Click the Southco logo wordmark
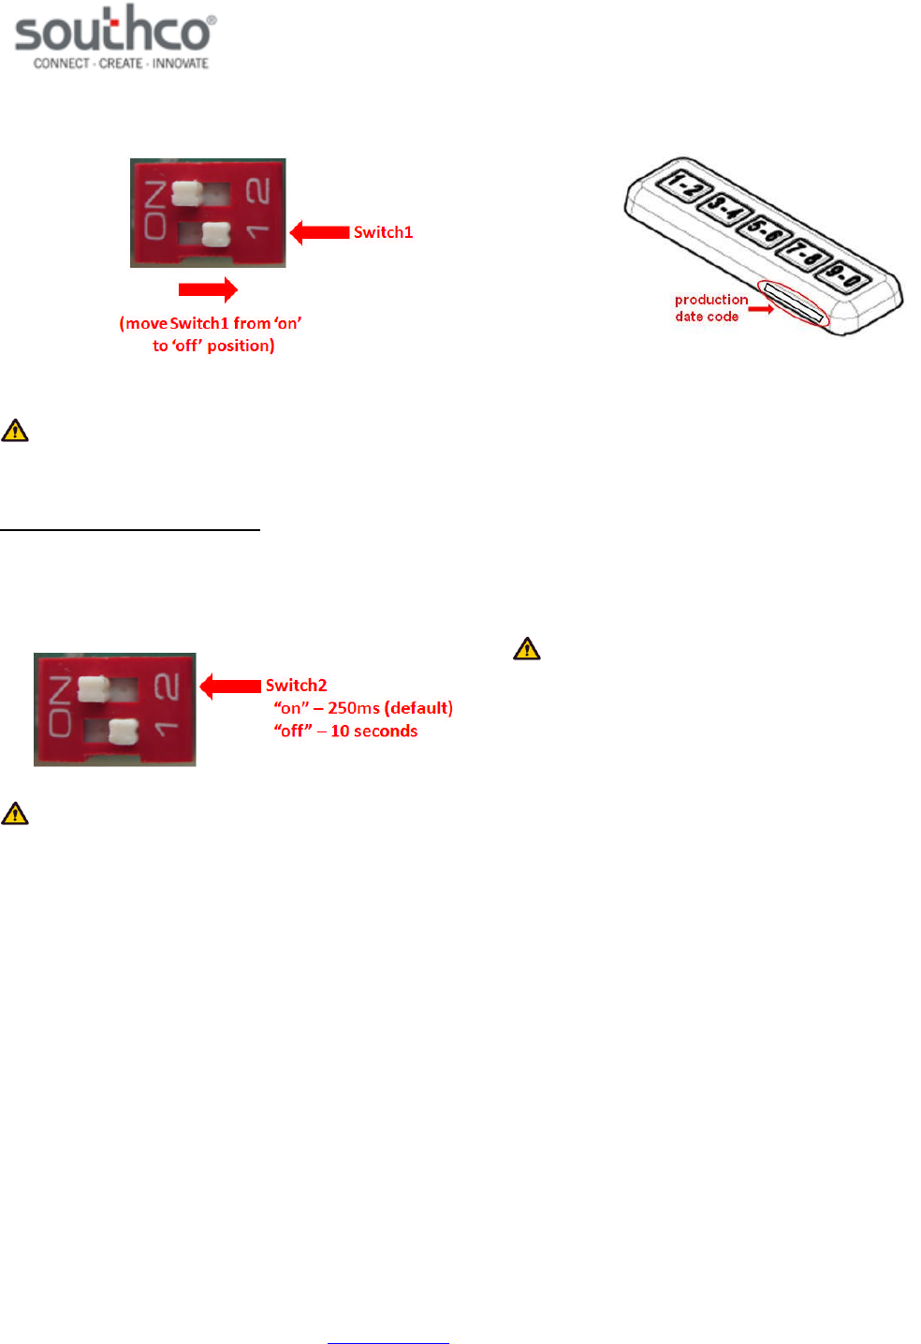coord(114,31)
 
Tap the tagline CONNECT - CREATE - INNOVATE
coord(121,64)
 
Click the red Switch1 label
coord(383,232)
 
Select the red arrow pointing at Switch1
coord(320,232)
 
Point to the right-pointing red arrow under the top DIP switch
coord(208,289)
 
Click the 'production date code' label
coord(709,308)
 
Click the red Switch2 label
coord(296,686)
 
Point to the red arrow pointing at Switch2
coord(230,687)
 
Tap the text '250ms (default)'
coord(389,708)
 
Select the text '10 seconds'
coord(373,731)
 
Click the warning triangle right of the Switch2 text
coord(527,648)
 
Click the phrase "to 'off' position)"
coord(213,346)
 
